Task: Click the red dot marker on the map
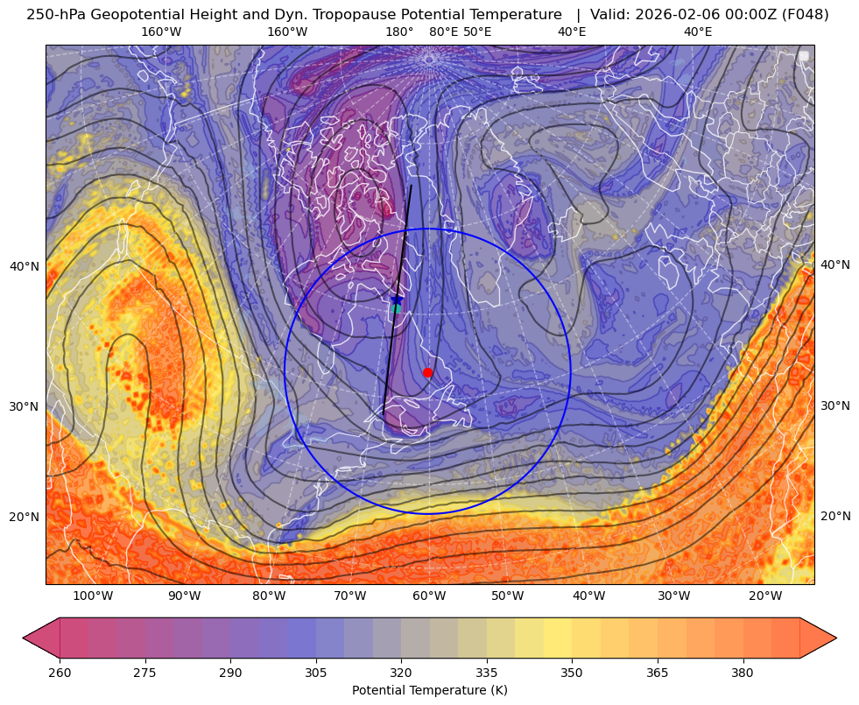point(427,372)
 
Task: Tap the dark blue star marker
point(397,300)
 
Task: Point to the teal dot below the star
point(397,308)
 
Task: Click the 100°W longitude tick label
point(93,596)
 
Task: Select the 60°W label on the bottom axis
point(429,596)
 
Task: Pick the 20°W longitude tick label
point(765,596)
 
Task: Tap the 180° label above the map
point(399,32)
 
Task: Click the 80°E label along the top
point(443,32)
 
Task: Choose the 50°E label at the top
point(477,32)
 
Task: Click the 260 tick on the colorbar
point(60,673)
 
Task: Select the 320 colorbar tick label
point(401,673)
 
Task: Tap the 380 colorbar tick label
point(743,673)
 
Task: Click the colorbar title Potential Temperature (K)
point(429,690)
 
